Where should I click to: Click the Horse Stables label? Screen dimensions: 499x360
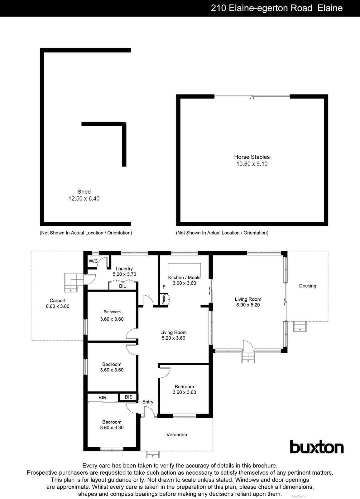[x=252, y=157]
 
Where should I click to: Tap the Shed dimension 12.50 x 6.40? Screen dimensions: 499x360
[x=84, y=198]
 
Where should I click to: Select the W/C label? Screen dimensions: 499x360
[x=93, y=261]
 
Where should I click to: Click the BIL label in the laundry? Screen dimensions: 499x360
[x=122, y=286]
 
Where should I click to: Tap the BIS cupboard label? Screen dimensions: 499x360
[x=128, y=397]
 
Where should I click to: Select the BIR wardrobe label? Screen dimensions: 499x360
[x=103, y=398]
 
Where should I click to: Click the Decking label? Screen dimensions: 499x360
[x=307, y=286]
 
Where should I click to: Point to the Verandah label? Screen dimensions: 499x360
[x=177, y=434]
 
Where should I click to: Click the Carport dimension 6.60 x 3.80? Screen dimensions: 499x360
[x=57, y=306]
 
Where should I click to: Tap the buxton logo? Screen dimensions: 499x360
[x=317, y=447]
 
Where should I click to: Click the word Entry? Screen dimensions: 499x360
[x=148, y=402]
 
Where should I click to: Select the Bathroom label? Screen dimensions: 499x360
[x=112, y=312]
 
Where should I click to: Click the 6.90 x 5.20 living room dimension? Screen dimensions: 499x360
[x=248, y=305]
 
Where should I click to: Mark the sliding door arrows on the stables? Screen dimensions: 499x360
[x=252, y=98]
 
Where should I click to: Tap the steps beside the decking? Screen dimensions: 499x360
[x=300, y=327]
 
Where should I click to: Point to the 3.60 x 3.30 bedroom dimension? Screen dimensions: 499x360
[x=112, y=428]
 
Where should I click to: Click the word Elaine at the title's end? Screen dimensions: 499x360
[x=330, y=8]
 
